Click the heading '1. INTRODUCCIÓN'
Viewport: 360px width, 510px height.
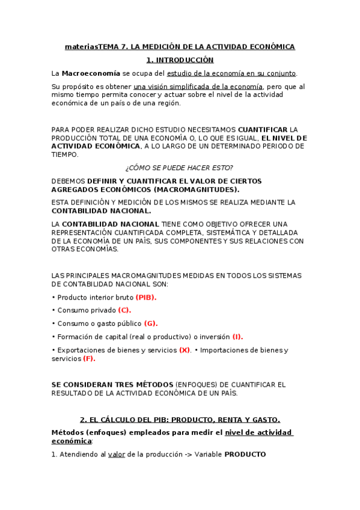tap(180, 60)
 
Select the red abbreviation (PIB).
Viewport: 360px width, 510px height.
tap(146, 297)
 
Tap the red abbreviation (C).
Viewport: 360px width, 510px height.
tap(124, 310)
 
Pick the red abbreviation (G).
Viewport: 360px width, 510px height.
tap(151, 324)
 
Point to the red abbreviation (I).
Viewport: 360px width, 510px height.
tap(237, 337)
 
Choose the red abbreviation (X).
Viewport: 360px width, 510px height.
tap(185, 350)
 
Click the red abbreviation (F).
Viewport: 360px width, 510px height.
tap(89, 358)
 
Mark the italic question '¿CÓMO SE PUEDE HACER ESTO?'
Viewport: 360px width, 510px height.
tap(180, 167)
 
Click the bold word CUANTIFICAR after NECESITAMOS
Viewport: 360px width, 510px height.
tap(263, 129)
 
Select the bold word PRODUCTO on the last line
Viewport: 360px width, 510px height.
tap(245, 455)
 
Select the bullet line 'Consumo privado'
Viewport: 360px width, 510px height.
tap(86, 310)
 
